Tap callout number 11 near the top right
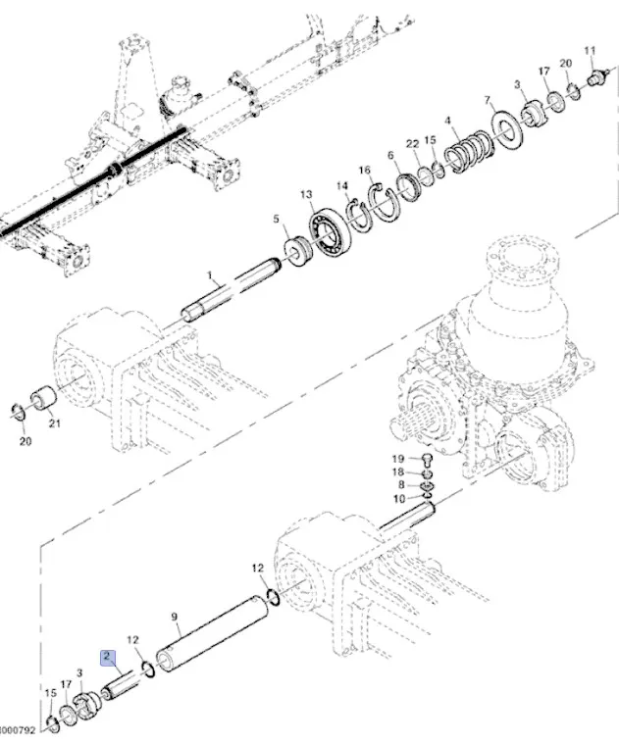[590, 50]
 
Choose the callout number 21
[55, 423]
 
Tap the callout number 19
[398, 458]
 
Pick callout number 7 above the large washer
[488, 101]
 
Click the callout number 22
[413, 144]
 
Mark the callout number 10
[398, 499]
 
